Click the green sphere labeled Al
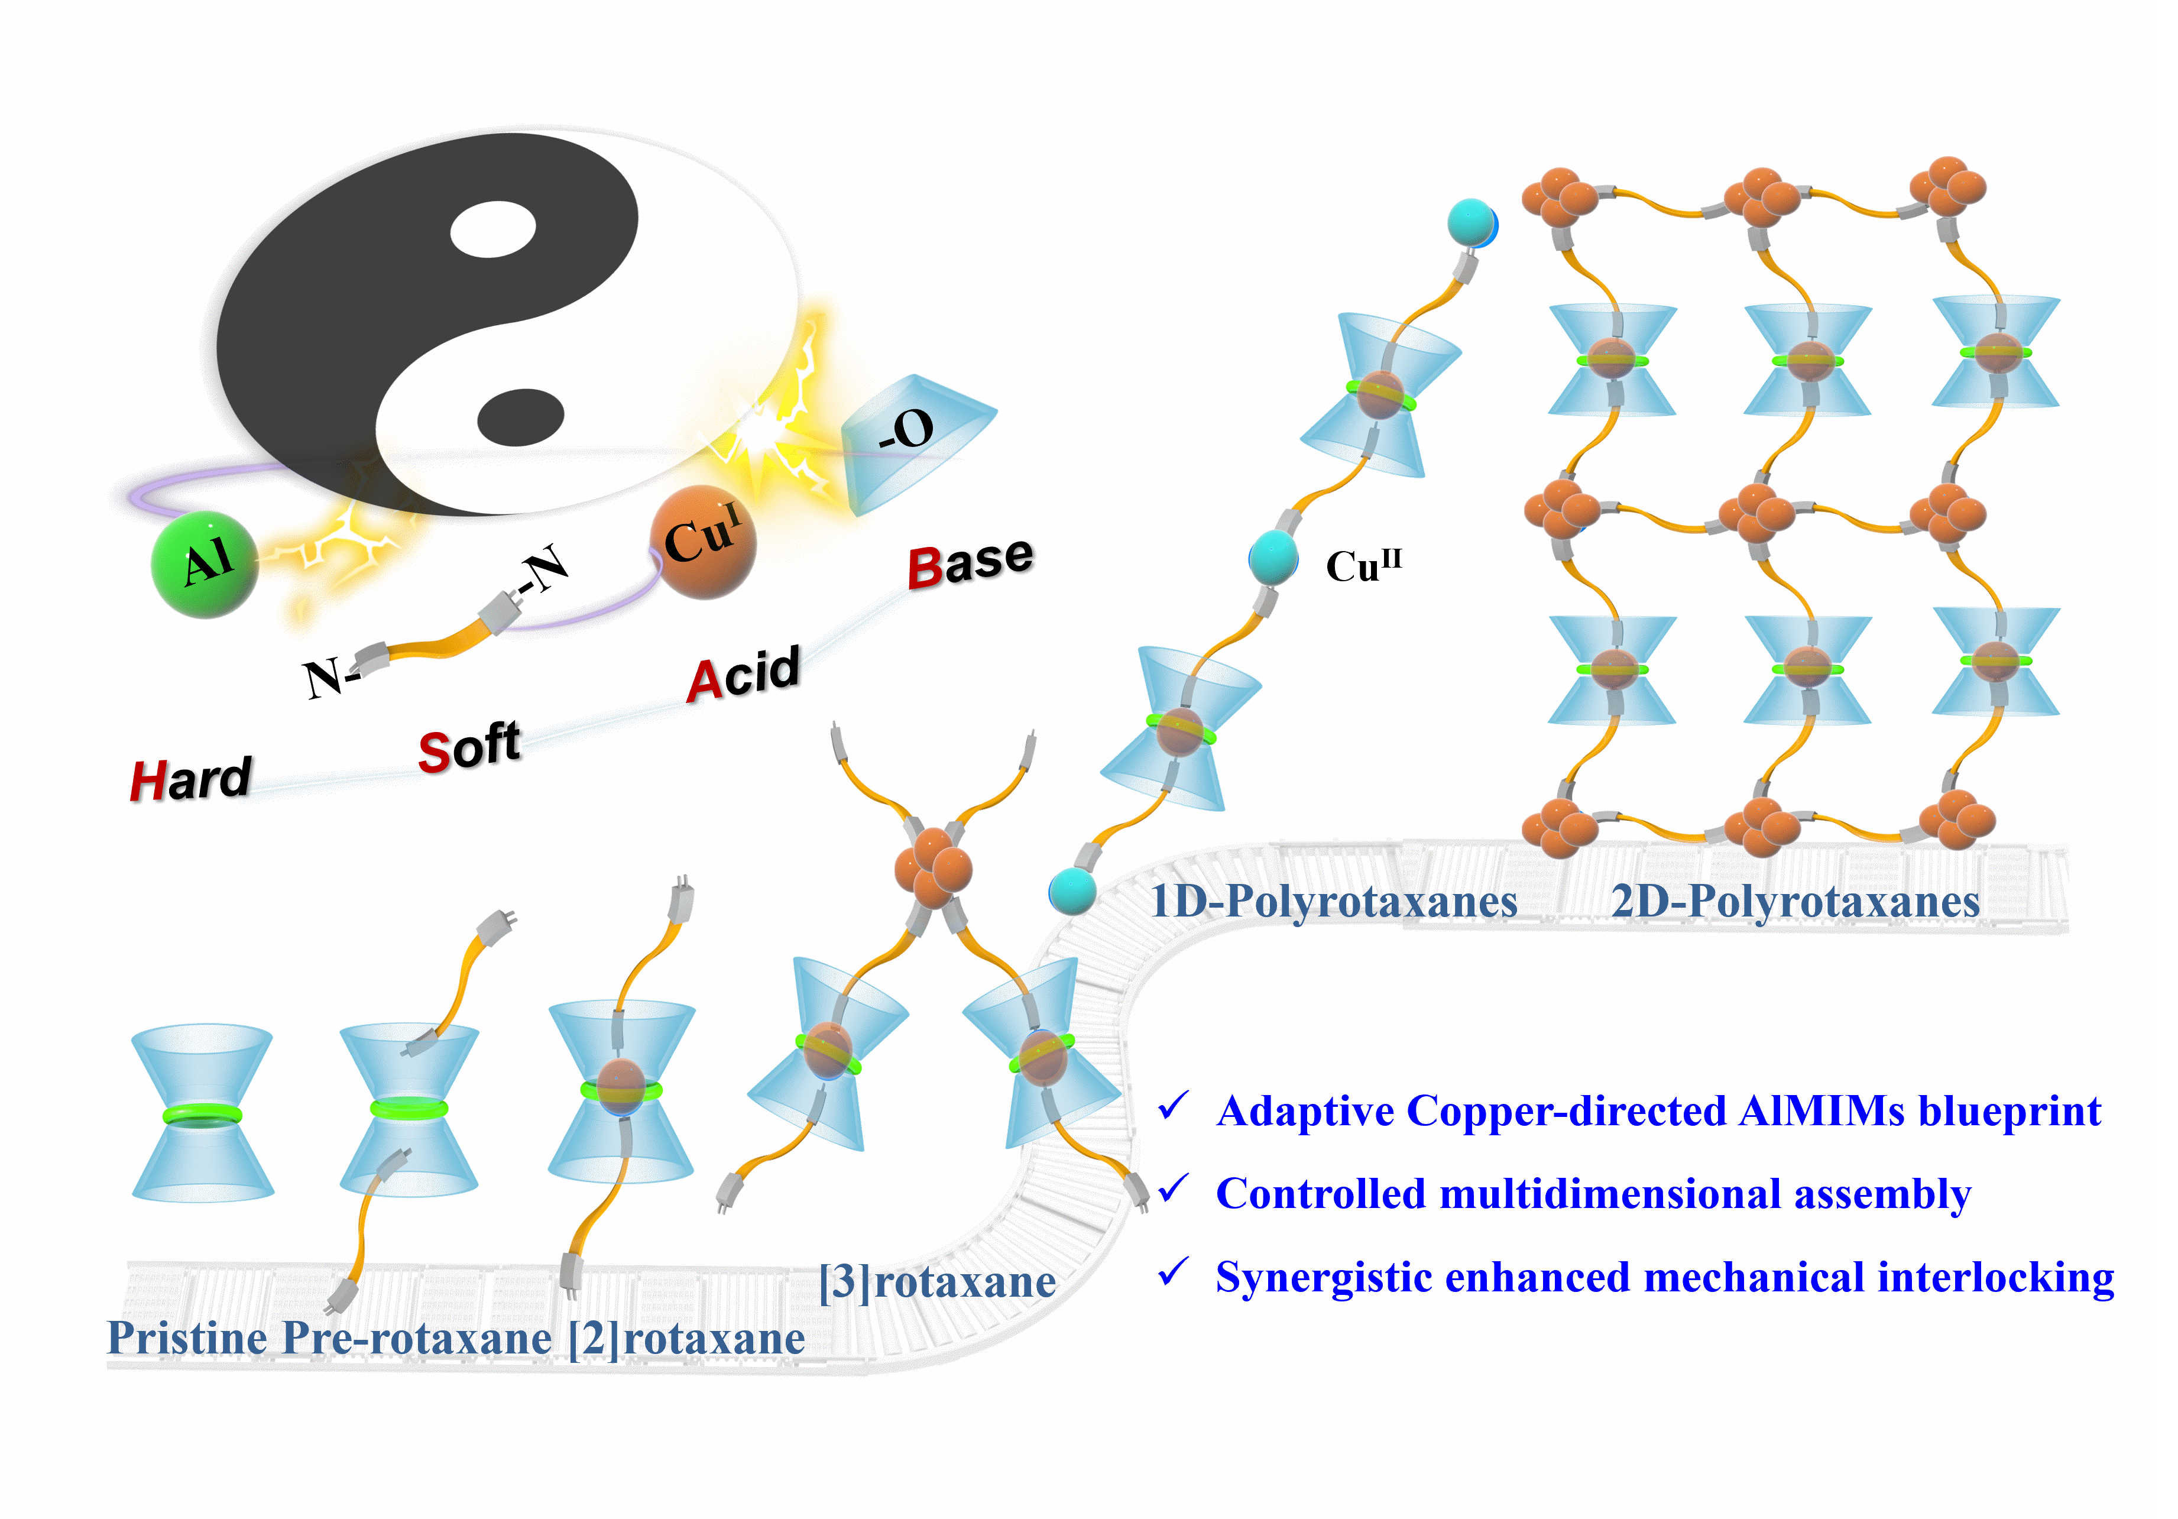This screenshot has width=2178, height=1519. click(205, 565)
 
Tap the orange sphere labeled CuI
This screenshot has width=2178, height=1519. click(703, 542)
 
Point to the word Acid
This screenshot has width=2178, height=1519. click(744, 675)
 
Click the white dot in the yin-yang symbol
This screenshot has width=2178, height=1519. click(493, 229)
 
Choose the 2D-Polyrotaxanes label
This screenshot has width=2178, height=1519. click(1795, 901)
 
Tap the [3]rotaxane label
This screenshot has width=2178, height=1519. click(937, 1282)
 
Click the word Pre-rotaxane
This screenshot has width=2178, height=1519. click(417, 1339)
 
